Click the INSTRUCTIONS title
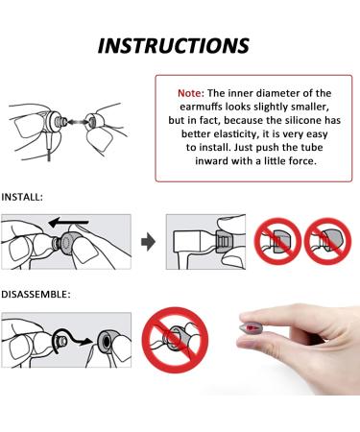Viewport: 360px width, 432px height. pos(174,45)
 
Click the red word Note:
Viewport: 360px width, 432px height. pos(191,93)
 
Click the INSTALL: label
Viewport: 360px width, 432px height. pos(22,197)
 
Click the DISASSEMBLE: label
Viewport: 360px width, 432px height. pos(36,294)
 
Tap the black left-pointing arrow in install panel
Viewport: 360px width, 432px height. pos(69,222)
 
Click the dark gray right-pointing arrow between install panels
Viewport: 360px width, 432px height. pos(148,242)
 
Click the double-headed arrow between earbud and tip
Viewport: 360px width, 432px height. pos(77,122)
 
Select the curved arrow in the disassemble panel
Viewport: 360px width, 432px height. pos(72,339)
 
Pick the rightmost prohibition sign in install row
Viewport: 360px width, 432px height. pos(327,241)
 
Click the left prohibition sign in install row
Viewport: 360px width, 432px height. pos(277,241)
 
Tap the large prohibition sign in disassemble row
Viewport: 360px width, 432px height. pos(175,340)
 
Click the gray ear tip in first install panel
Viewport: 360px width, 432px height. pos(67,244)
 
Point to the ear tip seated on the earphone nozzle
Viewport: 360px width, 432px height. pos(224,241)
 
